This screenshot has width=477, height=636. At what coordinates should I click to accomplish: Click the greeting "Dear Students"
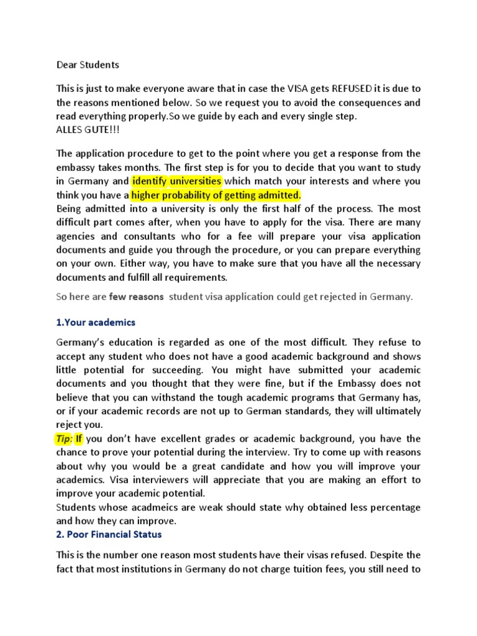point(88,64)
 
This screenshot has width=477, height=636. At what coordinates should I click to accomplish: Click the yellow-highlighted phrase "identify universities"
point(176,181)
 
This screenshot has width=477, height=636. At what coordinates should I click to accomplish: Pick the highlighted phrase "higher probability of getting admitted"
point(216,195)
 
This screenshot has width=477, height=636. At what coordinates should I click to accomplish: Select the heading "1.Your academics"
point(96,322)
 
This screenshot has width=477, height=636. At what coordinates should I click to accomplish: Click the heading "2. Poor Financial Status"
point(111,534)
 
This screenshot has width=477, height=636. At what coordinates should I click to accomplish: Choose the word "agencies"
point(77,237)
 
